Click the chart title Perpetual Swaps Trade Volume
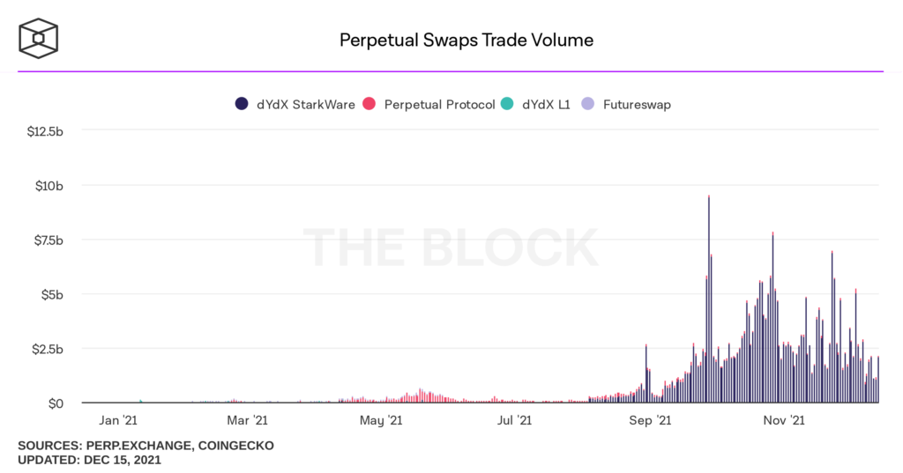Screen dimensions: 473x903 pos(466,41)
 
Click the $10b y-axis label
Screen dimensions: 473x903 pos(49,186)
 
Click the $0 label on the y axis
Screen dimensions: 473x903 pos(55,403)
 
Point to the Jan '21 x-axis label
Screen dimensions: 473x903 pos(116,421)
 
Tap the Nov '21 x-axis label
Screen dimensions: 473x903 pos(784,421)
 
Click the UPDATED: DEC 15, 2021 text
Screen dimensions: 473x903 pos(89,460)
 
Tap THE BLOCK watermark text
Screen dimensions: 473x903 pos(451,248)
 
